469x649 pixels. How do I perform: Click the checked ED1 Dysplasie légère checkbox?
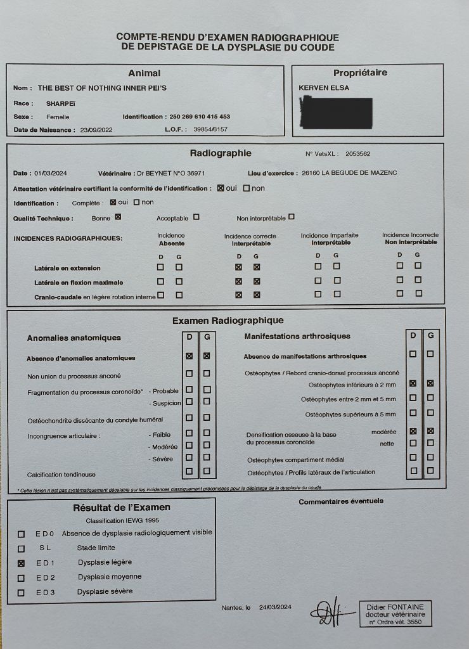pos(22,563)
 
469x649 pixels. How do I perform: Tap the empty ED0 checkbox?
pos(22,534)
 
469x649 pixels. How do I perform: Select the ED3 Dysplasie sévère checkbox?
pos(22,593)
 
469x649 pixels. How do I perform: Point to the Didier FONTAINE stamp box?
pos(395,614)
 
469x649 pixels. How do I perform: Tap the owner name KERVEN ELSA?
pos(324,87)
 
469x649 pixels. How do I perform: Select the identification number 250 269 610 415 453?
pos(200,117)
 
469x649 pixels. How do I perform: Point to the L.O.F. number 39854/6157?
pos(210,129)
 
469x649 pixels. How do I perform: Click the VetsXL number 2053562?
pos(358,154)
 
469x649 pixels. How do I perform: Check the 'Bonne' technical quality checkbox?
pos(117,217)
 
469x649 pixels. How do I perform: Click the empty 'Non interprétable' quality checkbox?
pos(292,217)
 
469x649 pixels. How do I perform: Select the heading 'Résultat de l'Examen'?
pos(122,507)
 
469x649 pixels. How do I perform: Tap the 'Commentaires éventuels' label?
pos(341,501)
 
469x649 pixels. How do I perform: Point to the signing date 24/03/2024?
pos(275,607)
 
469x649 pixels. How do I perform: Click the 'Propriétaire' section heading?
pos(360,73)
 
